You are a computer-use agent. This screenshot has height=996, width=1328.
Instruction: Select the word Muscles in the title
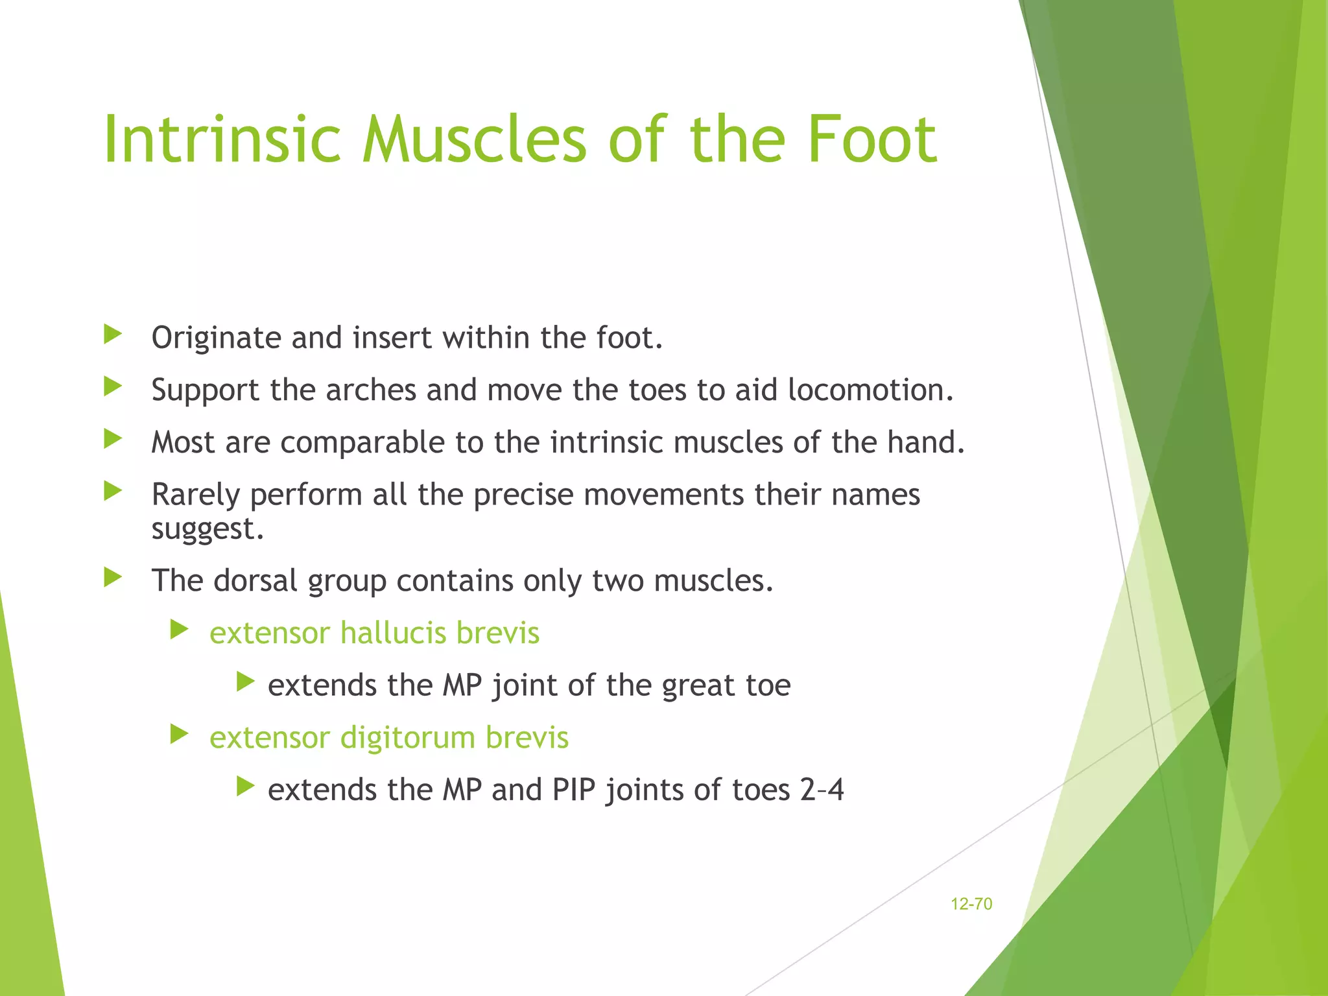pyautogui.click(x=474, y=139)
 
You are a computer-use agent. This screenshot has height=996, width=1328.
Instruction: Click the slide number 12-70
pyautogui.click(x=971, y=904)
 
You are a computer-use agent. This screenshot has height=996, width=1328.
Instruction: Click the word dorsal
pyautogui.click(x=255, y=580)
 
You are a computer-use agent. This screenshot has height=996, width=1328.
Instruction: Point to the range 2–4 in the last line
pyautogui.click(x=822, y=790)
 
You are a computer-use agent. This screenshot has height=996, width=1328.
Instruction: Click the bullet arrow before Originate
pyautogui.click(x=113, y=335)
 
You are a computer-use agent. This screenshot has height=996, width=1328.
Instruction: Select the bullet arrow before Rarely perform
pyautogui.click(x=113, y=492)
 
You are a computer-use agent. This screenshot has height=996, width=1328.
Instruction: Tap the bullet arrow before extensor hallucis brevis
pyautogui.click(x=179, y=630)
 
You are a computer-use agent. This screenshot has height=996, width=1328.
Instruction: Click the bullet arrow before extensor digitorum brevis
pyautogui.click(x=179, y=735)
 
